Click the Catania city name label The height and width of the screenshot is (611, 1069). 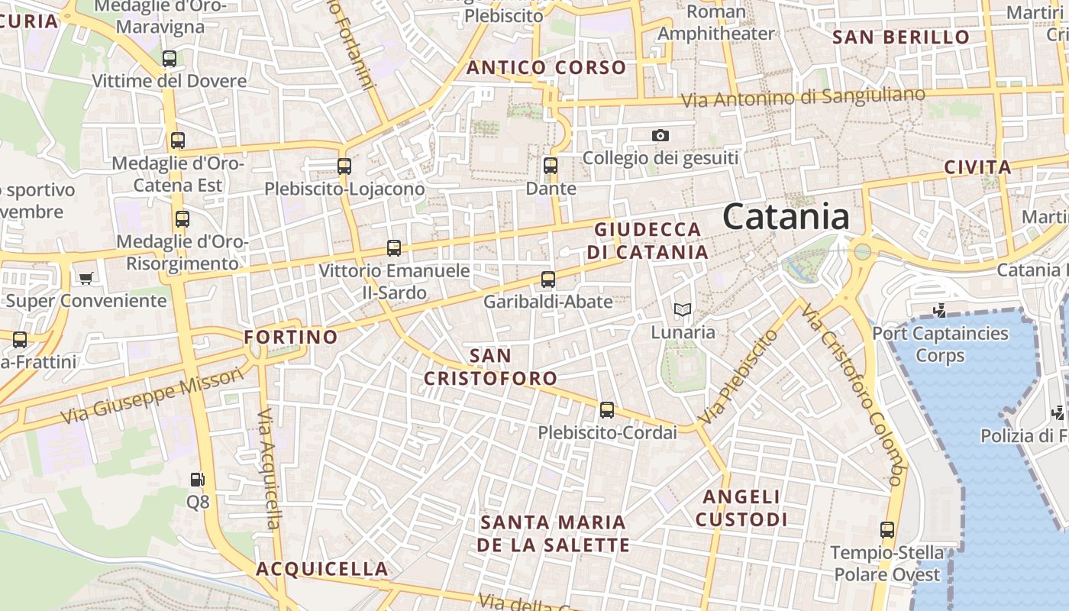click(786, 217)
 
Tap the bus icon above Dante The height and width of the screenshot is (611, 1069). click(551, 165)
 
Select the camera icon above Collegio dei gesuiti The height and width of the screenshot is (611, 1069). click(660, 136)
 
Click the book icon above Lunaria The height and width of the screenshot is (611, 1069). click(683, 309)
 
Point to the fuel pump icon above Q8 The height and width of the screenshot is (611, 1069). click(198, 480)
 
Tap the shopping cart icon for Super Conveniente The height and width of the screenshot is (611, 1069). click(86, 278)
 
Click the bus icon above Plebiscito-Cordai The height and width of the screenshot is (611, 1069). click(607, 410)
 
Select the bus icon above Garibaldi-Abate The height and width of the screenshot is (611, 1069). click(548, 280)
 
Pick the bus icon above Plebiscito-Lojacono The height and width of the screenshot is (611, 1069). click(344, 166)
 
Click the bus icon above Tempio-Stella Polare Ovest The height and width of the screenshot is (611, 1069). click(887, 530)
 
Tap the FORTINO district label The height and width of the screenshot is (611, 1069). click(290, 337)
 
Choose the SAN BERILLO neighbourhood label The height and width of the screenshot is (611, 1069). click(901, 37)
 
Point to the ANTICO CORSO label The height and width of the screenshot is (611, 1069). click(546, 68)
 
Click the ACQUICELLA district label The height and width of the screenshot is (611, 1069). click(322, 569)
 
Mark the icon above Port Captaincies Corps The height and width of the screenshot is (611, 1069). click(940, 310)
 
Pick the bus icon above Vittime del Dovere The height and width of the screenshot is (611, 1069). click(170, 59)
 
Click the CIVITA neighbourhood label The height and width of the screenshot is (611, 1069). click(977, 167)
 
